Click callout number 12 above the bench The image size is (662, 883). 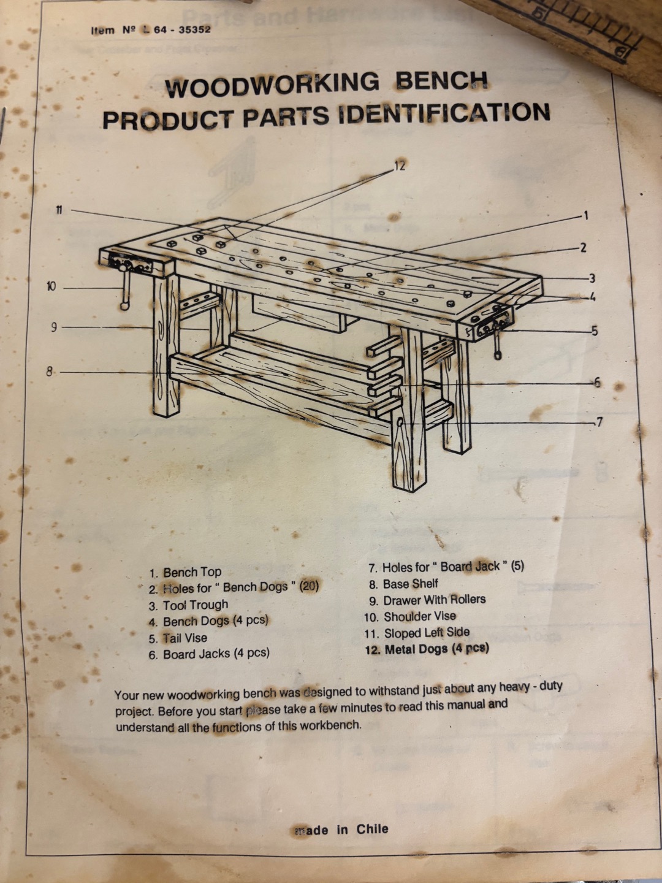[400, 166]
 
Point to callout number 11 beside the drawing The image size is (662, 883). [59, 210]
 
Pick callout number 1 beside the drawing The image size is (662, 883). [586, 216]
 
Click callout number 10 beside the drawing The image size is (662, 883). [51, 287]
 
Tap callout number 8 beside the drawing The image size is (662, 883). [49, 372]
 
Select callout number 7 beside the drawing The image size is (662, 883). [599, 422]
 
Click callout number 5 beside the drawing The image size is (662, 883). [595, 331]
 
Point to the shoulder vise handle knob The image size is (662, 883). [124, 306]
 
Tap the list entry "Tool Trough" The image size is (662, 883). [188, 605]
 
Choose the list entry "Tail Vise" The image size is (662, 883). [178, 638]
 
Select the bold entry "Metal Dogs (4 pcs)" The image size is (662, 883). [427, 649]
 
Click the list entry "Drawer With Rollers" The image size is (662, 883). [427, 600]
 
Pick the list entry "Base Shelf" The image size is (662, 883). [403, 584]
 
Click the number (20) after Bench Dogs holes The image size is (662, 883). [309, 586]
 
